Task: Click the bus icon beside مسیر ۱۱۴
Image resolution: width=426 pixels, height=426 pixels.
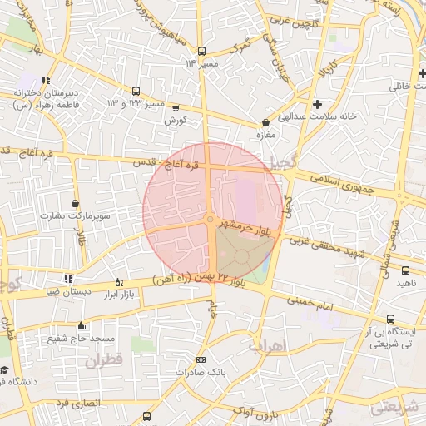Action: click(201, 51)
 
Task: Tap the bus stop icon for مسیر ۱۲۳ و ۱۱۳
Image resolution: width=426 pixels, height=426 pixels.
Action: click(136, 92)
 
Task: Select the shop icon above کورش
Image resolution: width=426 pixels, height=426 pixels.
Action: click(175, 107)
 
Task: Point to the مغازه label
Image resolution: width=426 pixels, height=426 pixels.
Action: click(266, 137)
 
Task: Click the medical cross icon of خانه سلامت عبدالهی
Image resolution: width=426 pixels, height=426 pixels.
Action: click(317, 104)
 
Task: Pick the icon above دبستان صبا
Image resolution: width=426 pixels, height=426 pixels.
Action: click(68, 279)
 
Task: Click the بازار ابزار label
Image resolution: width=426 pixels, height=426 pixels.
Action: click(117, 295)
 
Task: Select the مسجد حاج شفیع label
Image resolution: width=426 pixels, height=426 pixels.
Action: click(81, 339)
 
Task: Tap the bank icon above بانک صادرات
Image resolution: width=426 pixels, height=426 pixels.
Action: click(200, 359)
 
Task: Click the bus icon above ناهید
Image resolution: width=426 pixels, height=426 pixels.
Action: click(405, 270)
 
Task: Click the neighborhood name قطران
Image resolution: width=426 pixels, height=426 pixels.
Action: click(103, 360)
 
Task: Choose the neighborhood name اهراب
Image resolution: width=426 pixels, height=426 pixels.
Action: click(266, 344)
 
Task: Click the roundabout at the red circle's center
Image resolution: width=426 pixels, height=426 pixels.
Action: click(210, 219)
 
